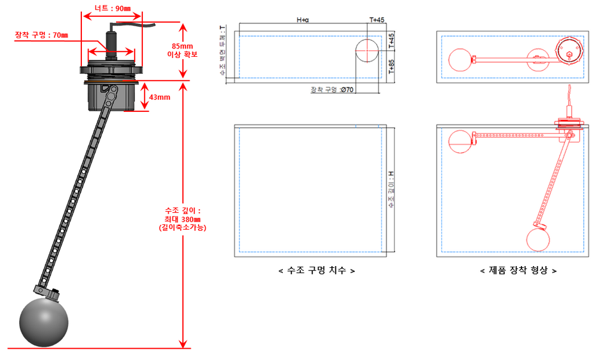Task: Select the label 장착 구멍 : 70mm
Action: pyautogui.click(x=41, y=35)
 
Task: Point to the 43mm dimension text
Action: pyautogui.click(x=160, y=97)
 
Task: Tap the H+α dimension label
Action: pyautogui.click(x=303, y=20)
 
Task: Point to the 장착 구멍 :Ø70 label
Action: pyautogui.click(x=332, y=90)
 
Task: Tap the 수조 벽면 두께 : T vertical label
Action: pyautogui.click(x=223, y=50)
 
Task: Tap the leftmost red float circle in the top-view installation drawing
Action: pyautogui.click(x=460, y=59)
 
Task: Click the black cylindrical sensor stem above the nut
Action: pyautogui.click(x=111, y=42)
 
